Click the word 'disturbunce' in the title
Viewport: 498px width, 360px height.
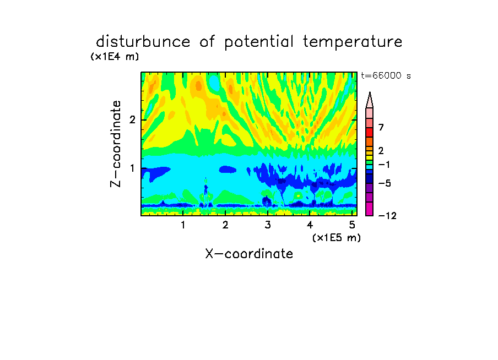pos(143,42)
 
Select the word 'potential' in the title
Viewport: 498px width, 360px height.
pos(259,42)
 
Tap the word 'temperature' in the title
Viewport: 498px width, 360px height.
pos(353,42)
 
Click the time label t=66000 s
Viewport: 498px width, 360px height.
pos(386,75)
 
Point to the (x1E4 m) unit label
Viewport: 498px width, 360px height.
pos(115,57)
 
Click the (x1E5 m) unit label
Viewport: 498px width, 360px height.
pos(337,237)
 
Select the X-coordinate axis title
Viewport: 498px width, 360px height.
pos(249,254)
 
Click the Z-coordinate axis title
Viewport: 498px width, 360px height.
pos(116,144)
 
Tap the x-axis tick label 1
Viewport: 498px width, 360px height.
pos(183,225)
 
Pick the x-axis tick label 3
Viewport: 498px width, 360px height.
pos(268,225)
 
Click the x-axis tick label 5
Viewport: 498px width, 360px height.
pos(352,225)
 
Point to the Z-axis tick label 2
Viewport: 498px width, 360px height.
pos(132,119)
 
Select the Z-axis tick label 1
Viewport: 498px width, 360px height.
pos(132,168)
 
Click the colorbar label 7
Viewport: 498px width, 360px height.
pos(381,128)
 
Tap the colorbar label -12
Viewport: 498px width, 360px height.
pos(387,216)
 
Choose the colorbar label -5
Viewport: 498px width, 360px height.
pos(385,183)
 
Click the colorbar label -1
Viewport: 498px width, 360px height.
pos(384,165)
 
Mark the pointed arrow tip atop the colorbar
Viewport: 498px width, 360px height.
pos(370,92)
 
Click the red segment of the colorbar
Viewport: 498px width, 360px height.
pos(370,132)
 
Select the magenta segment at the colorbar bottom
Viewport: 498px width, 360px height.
pos(370,209)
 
